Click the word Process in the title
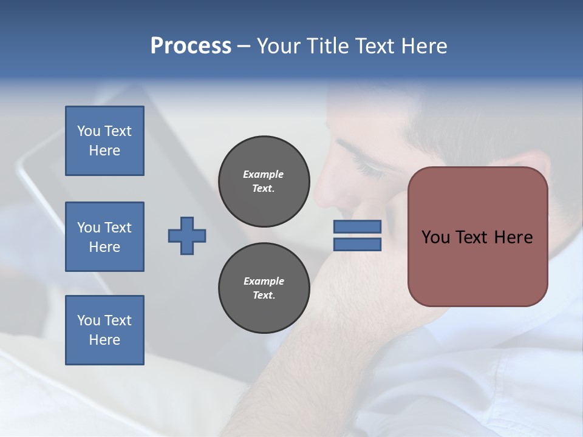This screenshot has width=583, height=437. pos(191,46)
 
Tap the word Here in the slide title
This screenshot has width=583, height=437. pos(423,46)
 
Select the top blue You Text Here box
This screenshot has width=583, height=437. pos(104,141)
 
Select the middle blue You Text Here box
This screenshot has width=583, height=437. pos(104,237)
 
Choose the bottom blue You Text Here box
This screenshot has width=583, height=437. pos(104,330)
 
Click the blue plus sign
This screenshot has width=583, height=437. pos(187,235)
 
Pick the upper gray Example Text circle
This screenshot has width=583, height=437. pos(264,181)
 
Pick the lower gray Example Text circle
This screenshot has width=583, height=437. pos(264,288)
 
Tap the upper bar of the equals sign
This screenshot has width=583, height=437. pos(357,226)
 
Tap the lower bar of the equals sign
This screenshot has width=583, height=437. pos(357,244)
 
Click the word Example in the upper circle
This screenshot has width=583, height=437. pos(263,174)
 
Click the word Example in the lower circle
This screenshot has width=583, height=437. pos(264,281)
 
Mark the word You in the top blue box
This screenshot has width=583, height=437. pos(89,131)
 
